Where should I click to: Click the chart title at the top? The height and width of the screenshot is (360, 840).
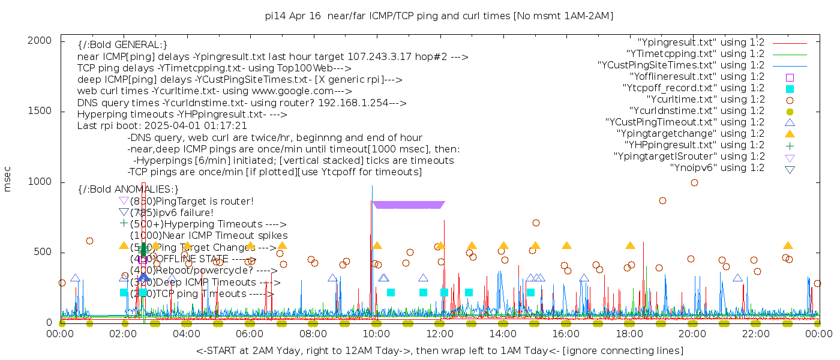point(439,16)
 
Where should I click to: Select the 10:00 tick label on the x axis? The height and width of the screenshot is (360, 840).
point(376,334)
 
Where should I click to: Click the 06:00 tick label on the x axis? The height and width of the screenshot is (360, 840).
point(250,334)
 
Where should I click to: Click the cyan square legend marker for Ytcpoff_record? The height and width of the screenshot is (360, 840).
point(790,89)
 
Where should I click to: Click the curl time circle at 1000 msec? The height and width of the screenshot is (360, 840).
point(694,182)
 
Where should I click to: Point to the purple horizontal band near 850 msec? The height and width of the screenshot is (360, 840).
point(408,205)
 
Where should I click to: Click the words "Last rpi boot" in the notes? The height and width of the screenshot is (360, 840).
point(105,126)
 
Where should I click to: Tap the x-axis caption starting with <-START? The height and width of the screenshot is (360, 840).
point(439,350)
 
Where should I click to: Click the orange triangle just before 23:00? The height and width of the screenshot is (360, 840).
point(788,245)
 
